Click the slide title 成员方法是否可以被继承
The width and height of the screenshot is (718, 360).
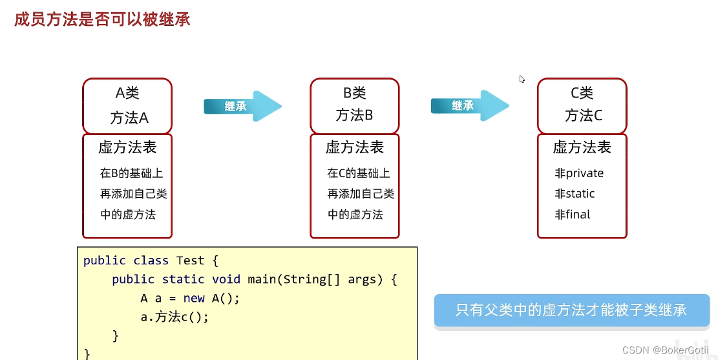tap(102, 19)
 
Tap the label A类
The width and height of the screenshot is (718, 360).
tap(127, 93)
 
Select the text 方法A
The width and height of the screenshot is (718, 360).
tap(129, 118)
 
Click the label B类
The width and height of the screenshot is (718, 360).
tap(355, 93)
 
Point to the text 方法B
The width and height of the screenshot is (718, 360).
tap(355, 116)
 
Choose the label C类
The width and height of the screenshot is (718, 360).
tap(582, 93)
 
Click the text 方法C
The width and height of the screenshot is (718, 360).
tap(584, 116)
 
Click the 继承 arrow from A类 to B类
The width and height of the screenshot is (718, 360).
tap(242, 107)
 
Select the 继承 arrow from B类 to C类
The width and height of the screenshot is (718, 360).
tap(470, 106)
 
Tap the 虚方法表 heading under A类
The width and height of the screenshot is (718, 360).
tap(127, 148)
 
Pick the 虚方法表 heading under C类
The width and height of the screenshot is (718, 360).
tap(582, 148)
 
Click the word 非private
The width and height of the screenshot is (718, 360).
tap(579, 173)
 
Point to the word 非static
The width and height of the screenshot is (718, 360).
tap(575, 194)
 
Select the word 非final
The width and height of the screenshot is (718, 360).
tap(573, 215)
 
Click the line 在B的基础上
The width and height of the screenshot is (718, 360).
tap(132, 173)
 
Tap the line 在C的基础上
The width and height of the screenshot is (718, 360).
tap(359, 173)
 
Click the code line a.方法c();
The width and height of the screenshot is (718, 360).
tap(174, 317)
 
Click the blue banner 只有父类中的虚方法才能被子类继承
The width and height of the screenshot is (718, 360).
tap(571, 310)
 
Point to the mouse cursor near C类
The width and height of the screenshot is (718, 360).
tap(522, 79)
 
